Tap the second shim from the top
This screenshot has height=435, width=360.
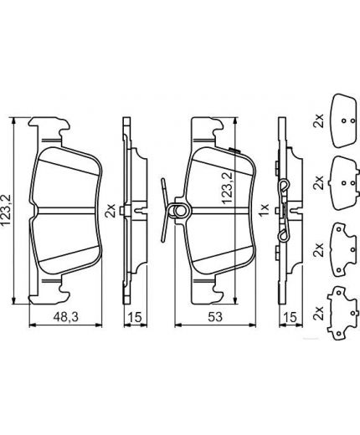click(342, 177)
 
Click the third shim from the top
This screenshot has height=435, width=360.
click(342, 245)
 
